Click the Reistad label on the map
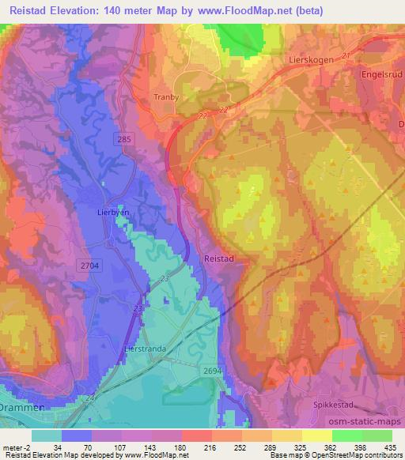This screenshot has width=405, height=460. [218, 258]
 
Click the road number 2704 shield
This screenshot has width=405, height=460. [89, 267]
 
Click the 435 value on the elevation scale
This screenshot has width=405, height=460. [390, 446]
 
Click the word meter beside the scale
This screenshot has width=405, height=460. [12, 446]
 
